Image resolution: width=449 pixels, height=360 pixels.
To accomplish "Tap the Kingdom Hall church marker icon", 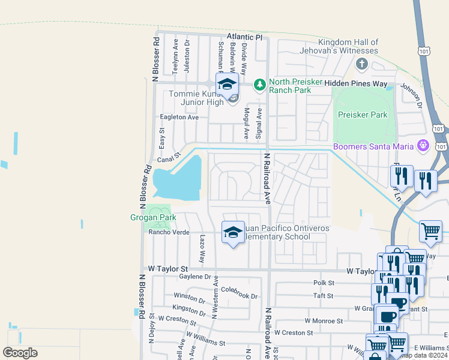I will (x=361, y=64).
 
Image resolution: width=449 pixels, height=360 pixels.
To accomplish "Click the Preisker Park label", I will (x=363, y=115).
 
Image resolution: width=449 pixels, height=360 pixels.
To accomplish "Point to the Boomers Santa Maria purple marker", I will (x=423, y=146).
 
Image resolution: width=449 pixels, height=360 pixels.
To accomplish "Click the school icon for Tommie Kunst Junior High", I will (x=227, y=85).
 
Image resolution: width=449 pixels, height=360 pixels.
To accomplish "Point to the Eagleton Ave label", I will (x=178, y=118).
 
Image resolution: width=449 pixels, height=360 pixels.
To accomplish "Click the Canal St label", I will (x=169, y=159).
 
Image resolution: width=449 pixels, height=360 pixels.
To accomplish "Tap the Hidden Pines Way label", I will (x=360, y=85).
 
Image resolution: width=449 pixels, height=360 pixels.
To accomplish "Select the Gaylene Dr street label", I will (x=196, y=277).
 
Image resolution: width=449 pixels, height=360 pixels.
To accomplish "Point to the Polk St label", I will (x=323, y=283).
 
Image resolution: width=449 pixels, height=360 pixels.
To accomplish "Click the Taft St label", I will (x=323, y=296).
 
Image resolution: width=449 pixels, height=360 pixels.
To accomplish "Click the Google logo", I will (x=20, y=353).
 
